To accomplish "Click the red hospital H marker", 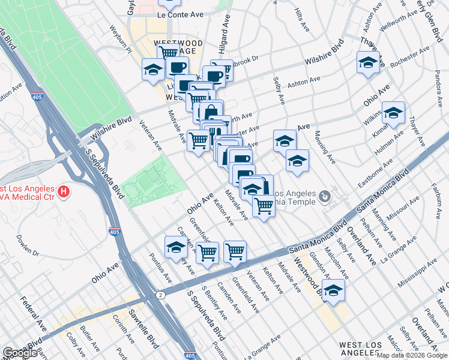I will click(64, 193).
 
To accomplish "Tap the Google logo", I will click(20, 353).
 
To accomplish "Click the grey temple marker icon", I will click(325, 196).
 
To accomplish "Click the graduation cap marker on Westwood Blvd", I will click(333, 290).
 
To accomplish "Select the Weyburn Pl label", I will click(121, 38).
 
